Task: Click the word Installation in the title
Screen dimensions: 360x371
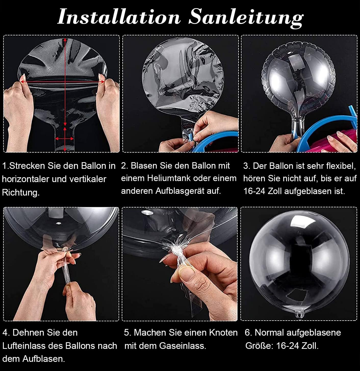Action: [119, 17]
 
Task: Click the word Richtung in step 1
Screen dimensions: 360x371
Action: [21, 193]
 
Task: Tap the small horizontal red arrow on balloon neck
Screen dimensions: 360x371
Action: [65, 139]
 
